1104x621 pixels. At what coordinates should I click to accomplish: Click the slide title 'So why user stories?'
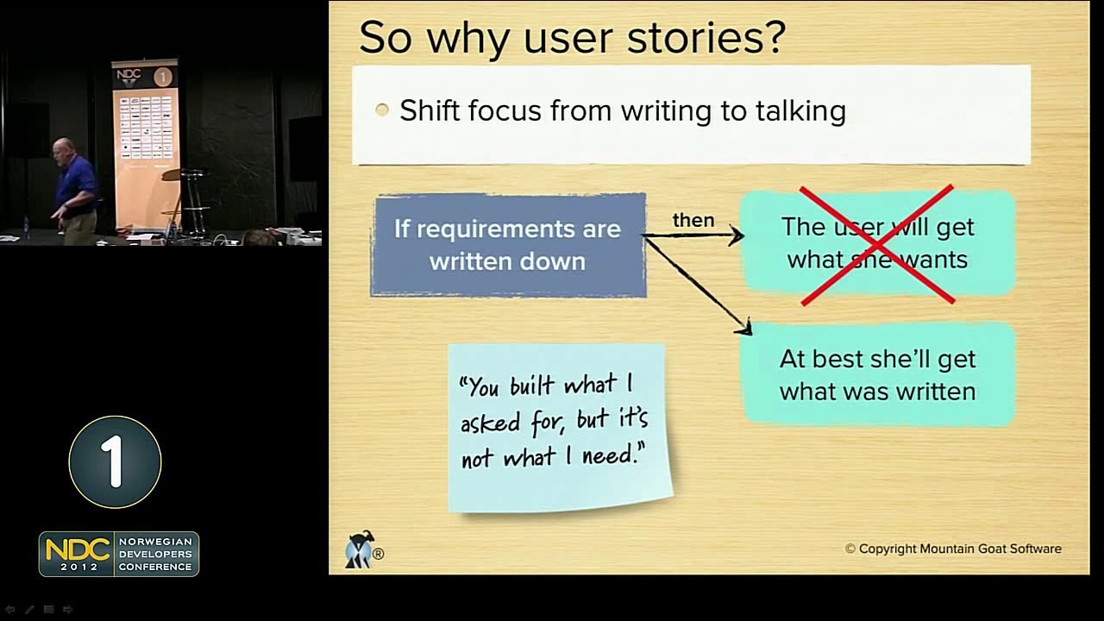571,38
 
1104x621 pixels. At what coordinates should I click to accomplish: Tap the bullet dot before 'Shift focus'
382,110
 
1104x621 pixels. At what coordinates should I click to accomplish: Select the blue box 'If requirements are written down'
508,246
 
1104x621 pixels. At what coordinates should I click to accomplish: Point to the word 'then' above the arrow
693,220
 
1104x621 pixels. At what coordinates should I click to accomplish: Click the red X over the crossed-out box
877,244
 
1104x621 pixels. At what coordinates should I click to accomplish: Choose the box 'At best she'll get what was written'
877,374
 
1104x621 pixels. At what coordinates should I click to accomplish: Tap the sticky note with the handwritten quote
559,427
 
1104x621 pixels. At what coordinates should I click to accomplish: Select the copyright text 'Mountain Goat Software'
990,549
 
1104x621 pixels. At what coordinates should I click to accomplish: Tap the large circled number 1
115,461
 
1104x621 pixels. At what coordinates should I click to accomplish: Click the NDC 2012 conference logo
78,554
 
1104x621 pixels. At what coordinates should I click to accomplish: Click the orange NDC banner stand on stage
145,142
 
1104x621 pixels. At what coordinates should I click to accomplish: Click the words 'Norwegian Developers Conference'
155,554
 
